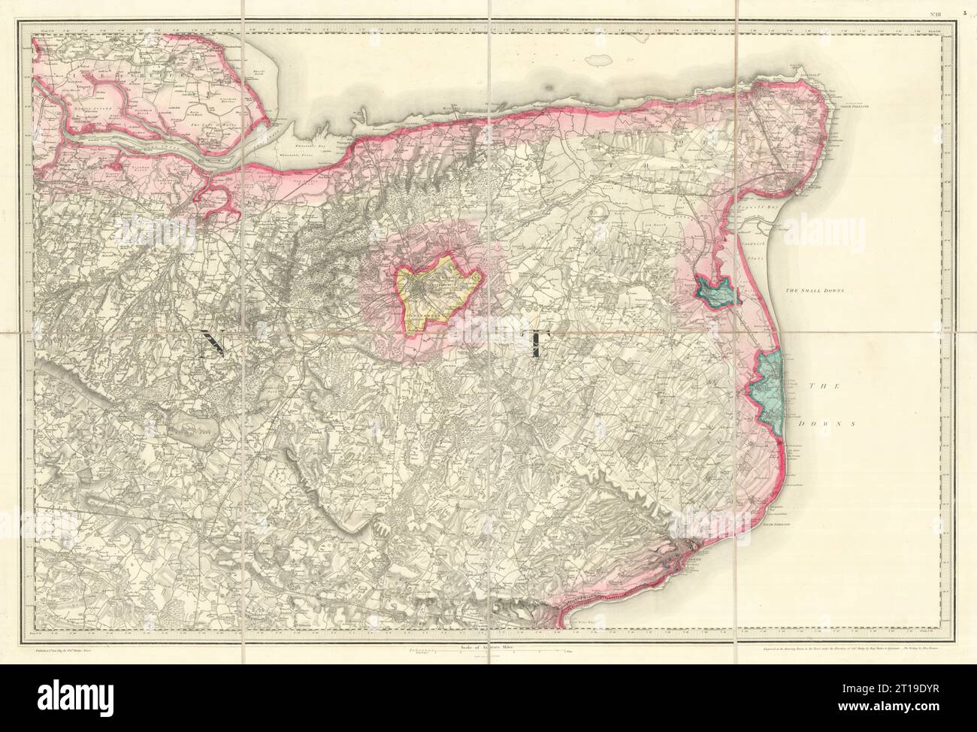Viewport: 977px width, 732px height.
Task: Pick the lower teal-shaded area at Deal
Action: point(770,383)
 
